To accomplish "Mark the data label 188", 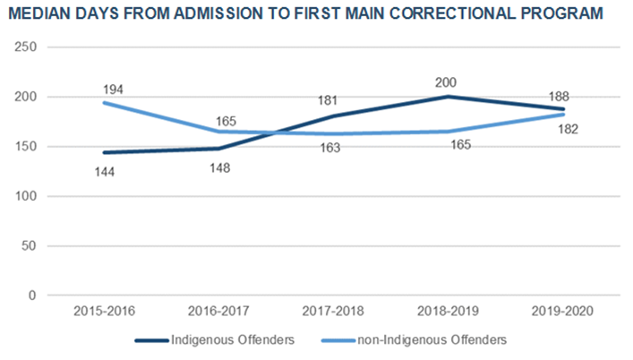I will (562, 96).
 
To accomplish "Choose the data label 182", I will (567, 130).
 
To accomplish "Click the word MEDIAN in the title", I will (42, 14).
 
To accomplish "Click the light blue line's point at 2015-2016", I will (104, 102).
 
